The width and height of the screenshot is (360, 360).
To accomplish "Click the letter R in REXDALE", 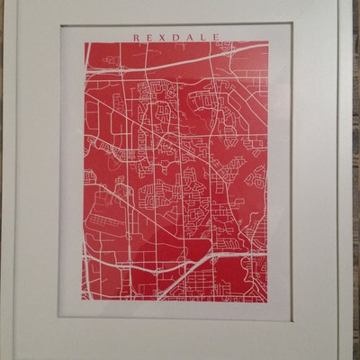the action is (136, 37).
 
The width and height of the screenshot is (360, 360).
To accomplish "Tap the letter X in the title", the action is (165, 37).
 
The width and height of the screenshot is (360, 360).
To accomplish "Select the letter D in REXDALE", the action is (179, 37).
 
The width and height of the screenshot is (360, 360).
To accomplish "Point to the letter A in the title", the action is (193, 37).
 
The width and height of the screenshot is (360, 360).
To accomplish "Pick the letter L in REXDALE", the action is (207, 37).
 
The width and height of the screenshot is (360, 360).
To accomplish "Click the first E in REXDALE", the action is (150, 37).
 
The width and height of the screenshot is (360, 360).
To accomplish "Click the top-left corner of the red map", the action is (85, 42).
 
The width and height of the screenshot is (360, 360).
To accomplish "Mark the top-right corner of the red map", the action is (268, 42).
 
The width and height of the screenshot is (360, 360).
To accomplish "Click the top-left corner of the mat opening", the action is (60, 25).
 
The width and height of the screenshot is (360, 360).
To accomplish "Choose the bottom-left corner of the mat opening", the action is (60, 319).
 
